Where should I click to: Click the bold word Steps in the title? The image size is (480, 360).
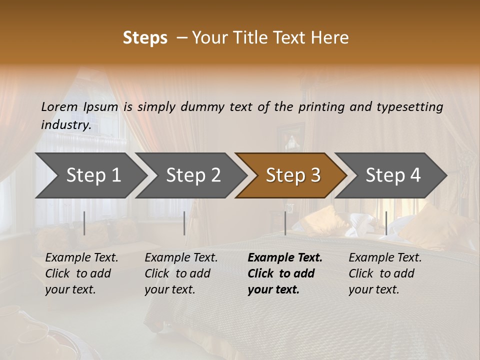click(145, 37)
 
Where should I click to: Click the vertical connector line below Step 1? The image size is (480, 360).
click(84, 223)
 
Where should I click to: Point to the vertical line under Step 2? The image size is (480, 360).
click(184, 223)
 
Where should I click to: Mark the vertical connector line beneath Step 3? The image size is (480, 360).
click(285, 223)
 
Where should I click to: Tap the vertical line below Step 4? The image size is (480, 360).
click(386, 223)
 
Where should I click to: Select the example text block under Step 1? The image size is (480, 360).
click(81, 273)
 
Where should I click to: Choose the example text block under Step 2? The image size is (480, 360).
click(181, 273)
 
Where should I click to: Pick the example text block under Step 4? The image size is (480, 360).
click(385, 273)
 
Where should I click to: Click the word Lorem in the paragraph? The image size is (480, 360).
click(59, 106)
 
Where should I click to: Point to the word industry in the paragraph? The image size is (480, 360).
click(65, 125)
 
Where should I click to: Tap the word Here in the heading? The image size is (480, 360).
click(329, 37)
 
